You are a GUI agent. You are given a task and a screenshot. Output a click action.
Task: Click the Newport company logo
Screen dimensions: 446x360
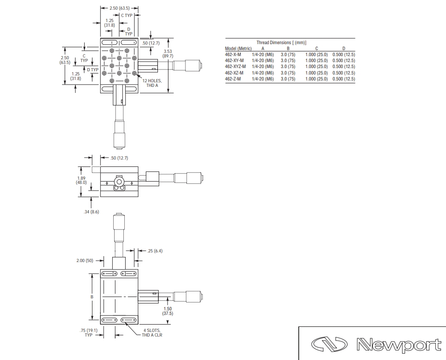coord(376,344)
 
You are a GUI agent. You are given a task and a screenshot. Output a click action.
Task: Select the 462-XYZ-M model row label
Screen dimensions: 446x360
coord(235,67)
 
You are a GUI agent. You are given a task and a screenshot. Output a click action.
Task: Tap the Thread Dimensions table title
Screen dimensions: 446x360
coord(281,43)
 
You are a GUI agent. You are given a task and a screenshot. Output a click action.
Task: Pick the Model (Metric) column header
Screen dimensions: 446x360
coord(238,49)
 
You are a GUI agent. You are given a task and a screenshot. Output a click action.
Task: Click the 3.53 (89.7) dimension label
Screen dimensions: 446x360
coord(168,54)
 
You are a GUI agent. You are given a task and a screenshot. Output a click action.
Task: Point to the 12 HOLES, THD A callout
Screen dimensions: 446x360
coord(152,83)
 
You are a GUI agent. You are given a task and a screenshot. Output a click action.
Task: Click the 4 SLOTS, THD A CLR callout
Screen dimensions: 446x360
coord(152,333)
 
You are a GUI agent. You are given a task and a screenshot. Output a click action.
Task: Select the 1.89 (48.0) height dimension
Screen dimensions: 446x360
coord(81,180)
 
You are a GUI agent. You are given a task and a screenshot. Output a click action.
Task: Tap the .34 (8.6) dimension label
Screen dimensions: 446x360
coord(91,211)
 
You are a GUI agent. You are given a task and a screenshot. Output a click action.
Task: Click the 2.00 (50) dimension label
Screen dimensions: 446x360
coord(85,261)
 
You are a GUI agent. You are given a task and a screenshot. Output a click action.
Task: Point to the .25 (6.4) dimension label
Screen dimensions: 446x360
coord(155,251)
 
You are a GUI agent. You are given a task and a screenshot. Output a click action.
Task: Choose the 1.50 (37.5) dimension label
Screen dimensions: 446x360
coord(168,311)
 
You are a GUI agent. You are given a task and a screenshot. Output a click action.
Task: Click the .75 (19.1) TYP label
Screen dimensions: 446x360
coord(88,333)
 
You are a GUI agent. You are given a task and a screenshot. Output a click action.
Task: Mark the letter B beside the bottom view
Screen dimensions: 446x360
coord(92,297)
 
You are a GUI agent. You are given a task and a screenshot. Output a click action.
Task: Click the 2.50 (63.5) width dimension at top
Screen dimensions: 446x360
coord(120,8)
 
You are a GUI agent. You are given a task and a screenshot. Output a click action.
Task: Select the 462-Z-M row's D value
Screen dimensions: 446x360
coord(344,79)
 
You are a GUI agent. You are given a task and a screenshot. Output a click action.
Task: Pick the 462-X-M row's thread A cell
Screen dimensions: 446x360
coord(263,55)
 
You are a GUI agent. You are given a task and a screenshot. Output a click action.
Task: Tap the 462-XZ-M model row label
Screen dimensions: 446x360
coord(234,73)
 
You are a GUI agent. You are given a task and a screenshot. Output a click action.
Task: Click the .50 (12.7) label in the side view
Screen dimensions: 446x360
coord(119,158)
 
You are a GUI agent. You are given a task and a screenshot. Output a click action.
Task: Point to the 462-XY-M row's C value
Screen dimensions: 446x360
coord(317,61)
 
